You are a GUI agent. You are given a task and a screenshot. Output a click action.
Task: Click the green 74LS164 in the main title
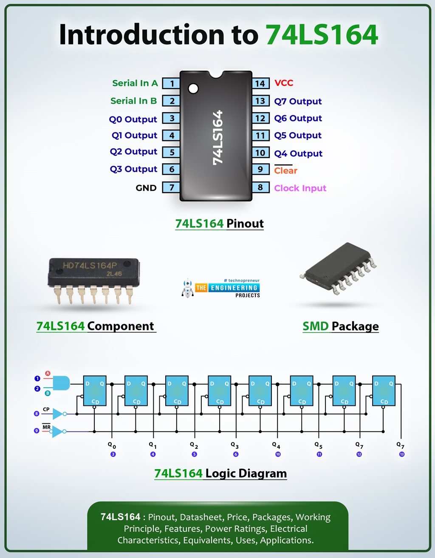(x=322, y=35)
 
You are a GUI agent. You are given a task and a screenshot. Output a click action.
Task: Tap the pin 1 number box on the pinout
(x=172, y=83)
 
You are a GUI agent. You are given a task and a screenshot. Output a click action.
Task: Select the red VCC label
(x=284, y=83)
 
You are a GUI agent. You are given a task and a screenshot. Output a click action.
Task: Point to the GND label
(x=146, y=188)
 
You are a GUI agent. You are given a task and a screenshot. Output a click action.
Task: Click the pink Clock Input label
(x=300, y=188)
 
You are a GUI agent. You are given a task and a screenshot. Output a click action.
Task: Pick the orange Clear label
(x=285, y=170)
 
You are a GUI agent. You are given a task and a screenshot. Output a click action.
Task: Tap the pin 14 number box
(x=260, y=83)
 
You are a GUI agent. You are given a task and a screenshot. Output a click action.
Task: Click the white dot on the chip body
(x=193, y=88)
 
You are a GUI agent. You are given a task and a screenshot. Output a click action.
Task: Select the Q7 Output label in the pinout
(x=298, y=101)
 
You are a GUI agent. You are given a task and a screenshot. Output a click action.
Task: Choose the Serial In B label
(x=133, y=101)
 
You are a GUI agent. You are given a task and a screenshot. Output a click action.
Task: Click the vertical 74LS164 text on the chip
(x=217, y=137)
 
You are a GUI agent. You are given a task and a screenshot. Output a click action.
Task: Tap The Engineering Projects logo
(x=221, y=288)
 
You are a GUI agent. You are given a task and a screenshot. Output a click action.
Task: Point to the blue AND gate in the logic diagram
(x=61, y=383)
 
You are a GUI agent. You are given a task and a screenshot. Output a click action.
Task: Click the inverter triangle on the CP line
(x=58, y=414)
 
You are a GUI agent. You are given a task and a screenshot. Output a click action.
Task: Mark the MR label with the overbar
(x=46, y=427)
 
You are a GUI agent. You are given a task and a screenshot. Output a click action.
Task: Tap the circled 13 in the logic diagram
(x=402, y=454)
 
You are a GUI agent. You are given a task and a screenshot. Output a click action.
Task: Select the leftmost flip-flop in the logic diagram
(x=94, y=391)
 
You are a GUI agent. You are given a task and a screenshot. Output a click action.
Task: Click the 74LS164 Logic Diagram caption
(x=220, y=473)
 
